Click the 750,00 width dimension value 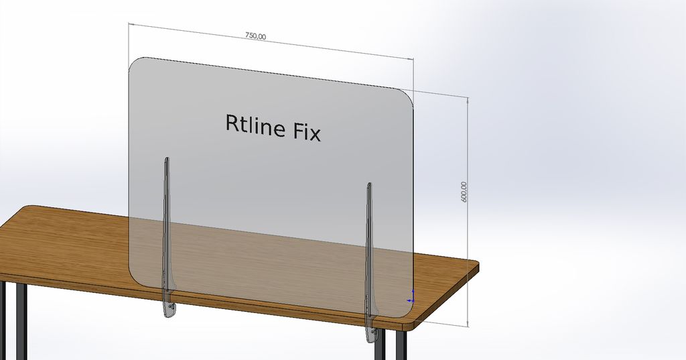(x=255, y=36)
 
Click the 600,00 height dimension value (x=464, y=192)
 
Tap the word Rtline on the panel (x=255, y=125)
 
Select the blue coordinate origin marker (x=411, y=298)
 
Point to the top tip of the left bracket (x=167, y=158)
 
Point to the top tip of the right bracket (x=369, y=184)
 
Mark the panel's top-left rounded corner (x=133, y=62)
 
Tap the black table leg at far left (x=21, y=322)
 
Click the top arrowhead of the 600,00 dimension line (x=468, y=100)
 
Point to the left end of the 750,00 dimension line (x=129, y=24)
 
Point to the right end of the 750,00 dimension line (x=413, y=59)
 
